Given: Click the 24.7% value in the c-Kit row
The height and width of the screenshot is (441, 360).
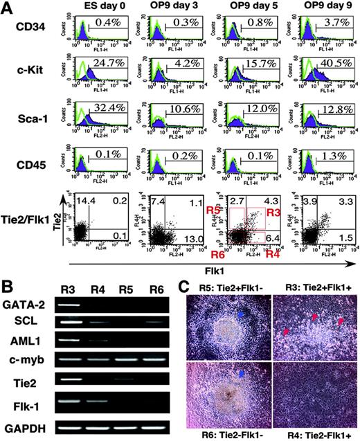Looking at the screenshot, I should point(116,72).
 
